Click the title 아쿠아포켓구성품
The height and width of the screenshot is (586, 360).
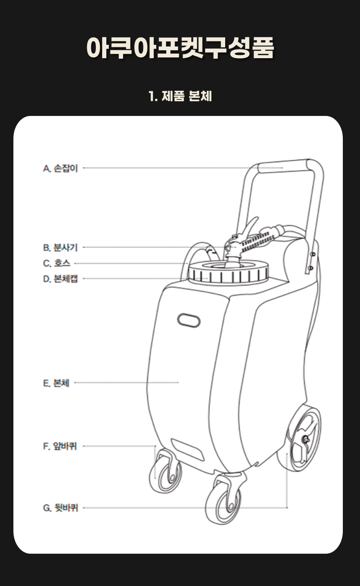pyautogui.click(x=180, y=48)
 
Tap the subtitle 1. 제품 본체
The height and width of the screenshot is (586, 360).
pyautogui.click(x=180, y=97)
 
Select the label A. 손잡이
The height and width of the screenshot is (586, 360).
pyautogui.click(x=60, y=169)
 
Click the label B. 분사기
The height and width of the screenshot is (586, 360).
pyautogui.click(x=60, y=248)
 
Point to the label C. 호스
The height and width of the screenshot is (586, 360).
pyautogui.click(x=57, y=264)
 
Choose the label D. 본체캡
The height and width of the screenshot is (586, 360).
pyautogui.click(x=60, y=279)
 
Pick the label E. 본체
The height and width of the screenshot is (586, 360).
pyautogui.click(x=56, y=383)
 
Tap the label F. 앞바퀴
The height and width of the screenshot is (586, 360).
pyautogui.click(x=60, y=446)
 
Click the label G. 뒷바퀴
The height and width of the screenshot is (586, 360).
pyautogui.click(x=60, y=508)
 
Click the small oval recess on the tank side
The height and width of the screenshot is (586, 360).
pyautogui.click(x=189, y=320)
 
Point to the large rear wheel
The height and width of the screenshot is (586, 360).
pyautogui.click(x=301, y=437)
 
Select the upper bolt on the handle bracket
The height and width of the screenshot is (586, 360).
pyautogui.click(x=312, y=254)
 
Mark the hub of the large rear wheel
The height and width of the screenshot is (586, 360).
pyautogui.click(x=304, y=439)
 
